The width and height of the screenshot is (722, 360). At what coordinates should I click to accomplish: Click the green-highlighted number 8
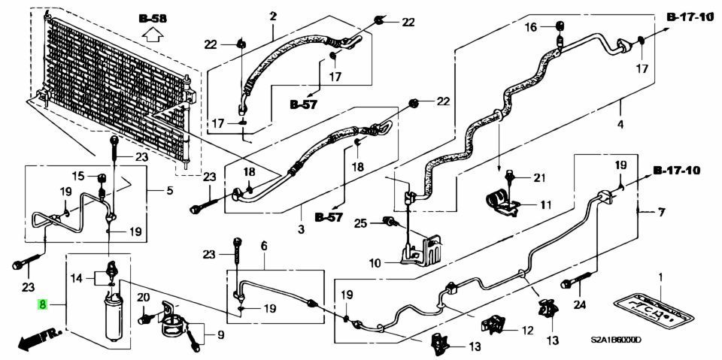[x=43, y=305]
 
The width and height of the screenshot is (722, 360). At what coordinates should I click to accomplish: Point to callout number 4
[x=620, y=125]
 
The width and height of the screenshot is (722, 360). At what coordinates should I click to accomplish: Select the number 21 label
[x=538, y=177]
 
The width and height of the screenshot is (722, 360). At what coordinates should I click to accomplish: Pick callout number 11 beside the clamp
[x=546, y=204]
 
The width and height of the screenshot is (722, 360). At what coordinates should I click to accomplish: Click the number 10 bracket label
[x=376, y=263]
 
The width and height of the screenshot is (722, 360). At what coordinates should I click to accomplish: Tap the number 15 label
[x=79, y=177]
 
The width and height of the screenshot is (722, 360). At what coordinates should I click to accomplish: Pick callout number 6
[x=264, y=247]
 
